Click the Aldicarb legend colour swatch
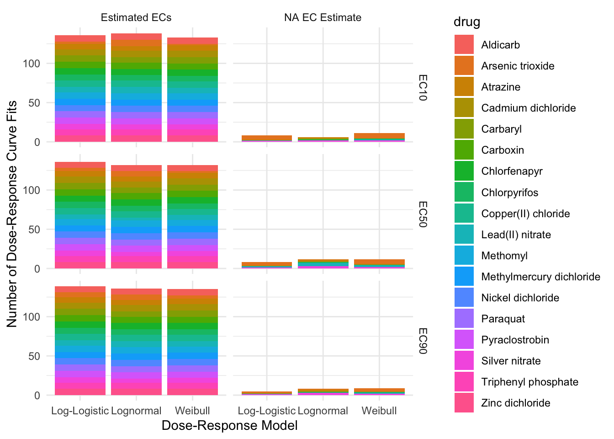(x=464, y=45)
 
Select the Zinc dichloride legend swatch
(x=464, y=403)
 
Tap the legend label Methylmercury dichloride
(x=540, y=277)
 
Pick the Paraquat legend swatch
(x=464, y=319)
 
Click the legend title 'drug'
(x=466, y=21)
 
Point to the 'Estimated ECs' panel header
(x=136, y=17)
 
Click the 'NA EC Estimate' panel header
(x=323, y=17)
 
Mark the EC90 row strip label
(x=423, y=341)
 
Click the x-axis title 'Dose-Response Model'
(x=229, y=426)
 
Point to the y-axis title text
(x=12, y=214)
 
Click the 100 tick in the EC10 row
(x=32, y=64)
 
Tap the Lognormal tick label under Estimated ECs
(x=136, y=411)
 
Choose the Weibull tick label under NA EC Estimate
(x=379, y=411)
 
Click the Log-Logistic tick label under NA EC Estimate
(x=266, y=411)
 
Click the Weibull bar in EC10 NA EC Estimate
(x=379, y=138)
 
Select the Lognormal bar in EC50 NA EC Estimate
(x=323, y=264)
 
